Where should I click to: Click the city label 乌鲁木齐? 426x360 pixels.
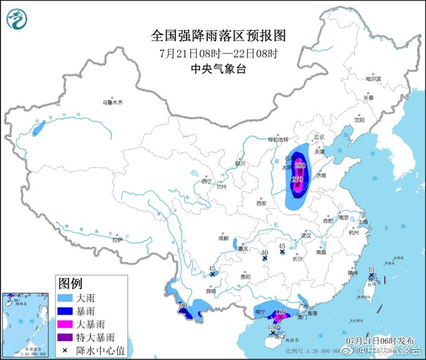click(113, 102)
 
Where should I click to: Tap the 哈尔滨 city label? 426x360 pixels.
click(373, 78)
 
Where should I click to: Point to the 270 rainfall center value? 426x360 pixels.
click(298, 179)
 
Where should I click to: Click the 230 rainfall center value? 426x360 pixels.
click(299, 166)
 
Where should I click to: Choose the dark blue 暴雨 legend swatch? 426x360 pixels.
click(67, 311)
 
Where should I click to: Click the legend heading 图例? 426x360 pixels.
click(70, 283)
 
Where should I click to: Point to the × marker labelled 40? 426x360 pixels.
click(265, 259)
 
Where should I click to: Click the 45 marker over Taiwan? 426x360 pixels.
click(371, 275)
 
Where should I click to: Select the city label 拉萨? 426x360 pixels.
click(117, 240)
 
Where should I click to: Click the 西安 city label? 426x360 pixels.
click(262, 203)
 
